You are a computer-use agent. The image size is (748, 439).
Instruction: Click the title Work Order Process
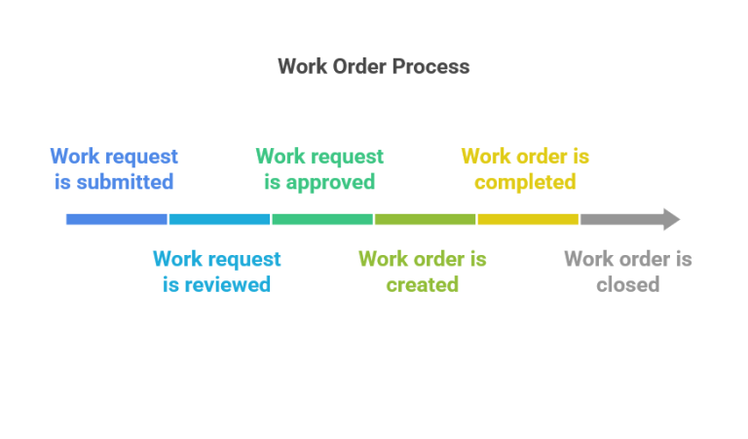click(373, 67)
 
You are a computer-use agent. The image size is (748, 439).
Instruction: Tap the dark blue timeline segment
click(117, 219)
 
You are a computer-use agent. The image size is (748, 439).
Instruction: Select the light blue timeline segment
click(219, 219)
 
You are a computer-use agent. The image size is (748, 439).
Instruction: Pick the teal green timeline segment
click(322, 219)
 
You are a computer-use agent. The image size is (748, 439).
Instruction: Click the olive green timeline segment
click(425, 219)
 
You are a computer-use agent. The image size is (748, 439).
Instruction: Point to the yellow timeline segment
click(528, 219)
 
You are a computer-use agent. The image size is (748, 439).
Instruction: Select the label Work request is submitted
click(114, 168)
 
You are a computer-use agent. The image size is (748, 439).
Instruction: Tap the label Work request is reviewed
click(216, 272)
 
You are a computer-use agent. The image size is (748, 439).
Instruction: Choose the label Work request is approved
click(319, 168)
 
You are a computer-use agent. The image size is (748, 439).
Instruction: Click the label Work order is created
click(422, 272)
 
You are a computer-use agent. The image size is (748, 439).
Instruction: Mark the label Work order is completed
click(525, 168)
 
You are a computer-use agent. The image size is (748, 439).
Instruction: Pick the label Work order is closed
click(627, 272)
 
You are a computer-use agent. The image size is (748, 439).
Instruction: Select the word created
click(422, 285)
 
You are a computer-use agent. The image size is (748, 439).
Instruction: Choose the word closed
click(627, 285)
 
